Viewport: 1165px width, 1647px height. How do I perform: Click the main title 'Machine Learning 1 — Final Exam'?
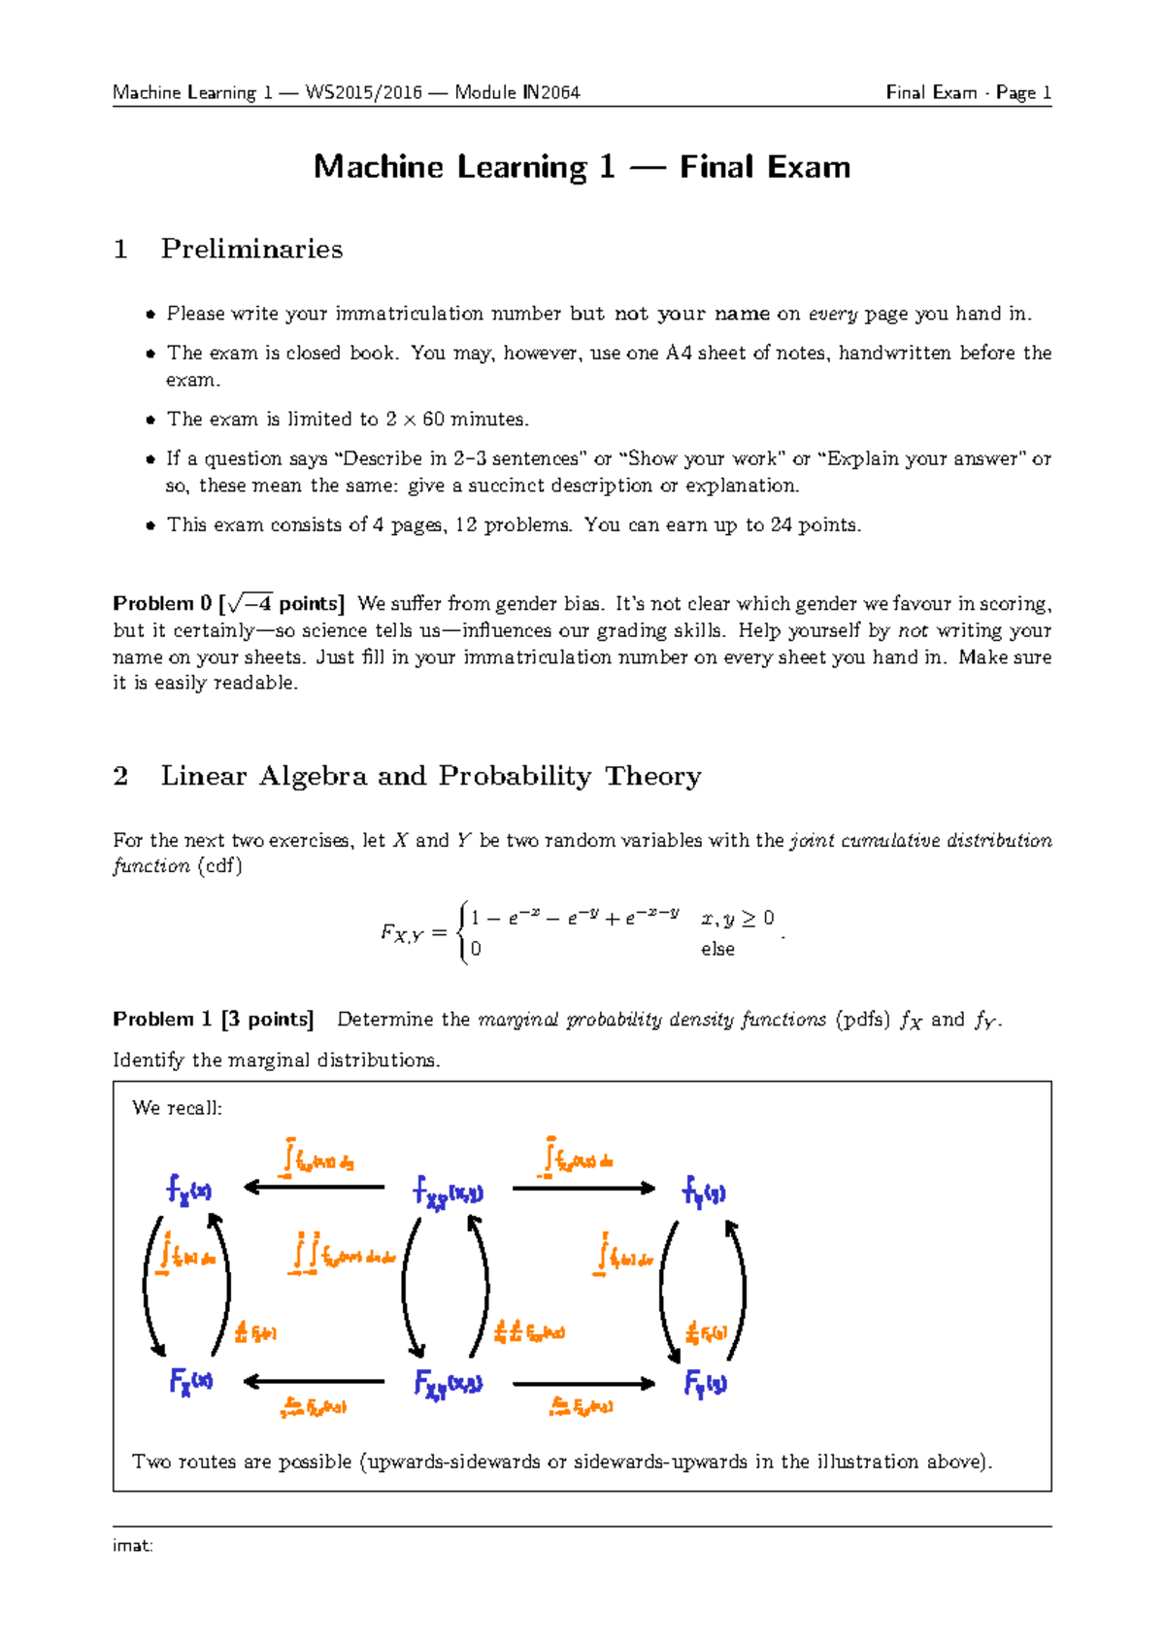tap(582, 167)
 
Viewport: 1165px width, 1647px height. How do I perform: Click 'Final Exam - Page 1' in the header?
tap(968, 92)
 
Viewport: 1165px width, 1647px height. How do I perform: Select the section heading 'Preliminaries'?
tap(251, 249)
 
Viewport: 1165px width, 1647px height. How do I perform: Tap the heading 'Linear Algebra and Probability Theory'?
tap(430, 776)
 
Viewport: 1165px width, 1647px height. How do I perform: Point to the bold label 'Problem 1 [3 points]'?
tap(213, 1019)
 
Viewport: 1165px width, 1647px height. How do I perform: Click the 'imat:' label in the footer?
tap(133, 1545)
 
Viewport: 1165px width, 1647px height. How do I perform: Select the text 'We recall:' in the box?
tap(177, 1108)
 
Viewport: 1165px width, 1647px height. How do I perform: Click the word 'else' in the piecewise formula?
tap(717, 949)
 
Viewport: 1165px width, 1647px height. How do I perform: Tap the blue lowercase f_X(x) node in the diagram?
tap(188, 1189)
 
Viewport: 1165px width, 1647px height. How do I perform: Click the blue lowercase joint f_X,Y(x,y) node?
tap(448, 1192)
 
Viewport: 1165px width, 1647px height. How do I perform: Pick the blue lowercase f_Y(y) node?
tap(704, 1191)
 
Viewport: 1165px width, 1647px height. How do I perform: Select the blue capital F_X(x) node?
tap(190, 1381)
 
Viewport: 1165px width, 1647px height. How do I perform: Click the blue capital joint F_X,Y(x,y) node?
tap(448, 1384)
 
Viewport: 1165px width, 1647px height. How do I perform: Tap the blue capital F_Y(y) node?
tap(705, 1383)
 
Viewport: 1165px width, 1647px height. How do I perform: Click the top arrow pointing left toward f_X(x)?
tap(314, 1187)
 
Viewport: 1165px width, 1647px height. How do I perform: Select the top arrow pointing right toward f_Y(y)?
tap(583, 1187)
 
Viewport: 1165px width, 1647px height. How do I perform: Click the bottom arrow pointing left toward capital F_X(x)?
tap(314, 1381)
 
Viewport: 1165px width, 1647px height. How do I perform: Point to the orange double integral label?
tap(343, 1255)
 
